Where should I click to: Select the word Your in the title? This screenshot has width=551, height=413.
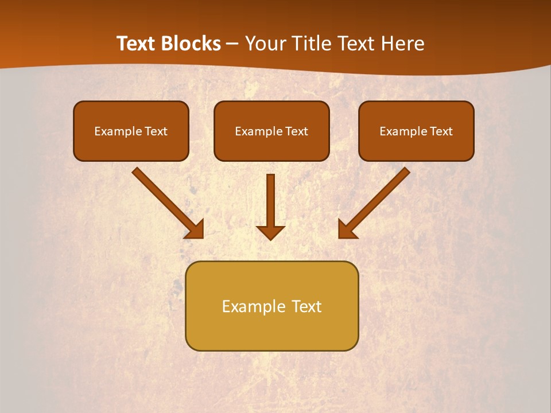pyautogui.click(x=267, y=44)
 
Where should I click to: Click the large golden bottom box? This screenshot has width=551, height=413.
pyautogui.click(x=271, y=330)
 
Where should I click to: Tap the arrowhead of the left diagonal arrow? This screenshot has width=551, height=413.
pyautogui.click(x=195, y=229)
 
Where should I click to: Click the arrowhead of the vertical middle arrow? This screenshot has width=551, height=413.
pyautogui.click(x=270, y=232)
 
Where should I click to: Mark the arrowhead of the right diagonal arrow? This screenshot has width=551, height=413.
pyautogui.click(x=347, y=229)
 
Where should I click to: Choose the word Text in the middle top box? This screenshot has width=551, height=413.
pyautogui.click(x=296, y=131)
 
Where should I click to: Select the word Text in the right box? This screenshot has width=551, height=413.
pyautogui.click(x=441, y=131)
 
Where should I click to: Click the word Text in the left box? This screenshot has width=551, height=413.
pyautogui.click(x=156, y=131)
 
